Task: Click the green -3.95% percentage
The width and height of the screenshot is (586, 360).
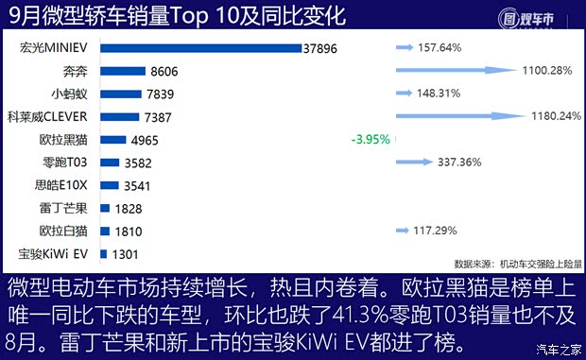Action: [370, 140]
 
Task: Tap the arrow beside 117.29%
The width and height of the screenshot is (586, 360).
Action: [404, 231]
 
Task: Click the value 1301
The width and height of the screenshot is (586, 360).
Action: [127, 253]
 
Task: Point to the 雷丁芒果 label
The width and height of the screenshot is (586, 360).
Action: [65, 208]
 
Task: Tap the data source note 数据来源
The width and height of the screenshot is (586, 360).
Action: [518, 264]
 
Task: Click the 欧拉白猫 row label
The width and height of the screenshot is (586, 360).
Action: [65, 231]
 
